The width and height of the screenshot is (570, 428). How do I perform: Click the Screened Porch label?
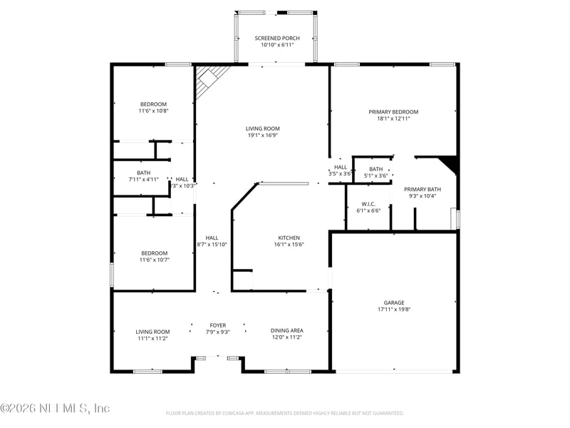(277, 38)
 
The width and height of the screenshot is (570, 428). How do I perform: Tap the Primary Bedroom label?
(393, 112)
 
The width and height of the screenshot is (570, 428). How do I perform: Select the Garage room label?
(394, 302)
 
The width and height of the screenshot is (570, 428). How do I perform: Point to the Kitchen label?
(289, 238)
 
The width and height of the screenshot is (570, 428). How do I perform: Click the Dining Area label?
(286, 330)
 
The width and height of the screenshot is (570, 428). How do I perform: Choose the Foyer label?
(217, 325)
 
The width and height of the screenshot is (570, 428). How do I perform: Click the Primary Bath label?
(423, 189)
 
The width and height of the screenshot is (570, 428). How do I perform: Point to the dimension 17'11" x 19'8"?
(394, 310)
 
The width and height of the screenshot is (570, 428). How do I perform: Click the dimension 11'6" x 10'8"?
(153, 111)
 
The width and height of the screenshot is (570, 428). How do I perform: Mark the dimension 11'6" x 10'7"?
(154, 260)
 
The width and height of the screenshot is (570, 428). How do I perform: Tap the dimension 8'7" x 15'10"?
(212, 245)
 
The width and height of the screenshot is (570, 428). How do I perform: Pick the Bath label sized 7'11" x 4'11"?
(143, 173)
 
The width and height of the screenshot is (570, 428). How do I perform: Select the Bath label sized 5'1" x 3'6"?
(375, 169)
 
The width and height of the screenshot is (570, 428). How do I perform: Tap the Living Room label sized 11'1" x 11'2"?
(152, 331)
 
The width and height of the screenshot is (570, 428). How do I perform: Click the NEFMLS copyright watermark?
(55, 408)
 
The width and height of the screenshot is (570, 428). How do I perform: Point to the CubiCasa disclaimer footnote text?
(285, 413)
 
